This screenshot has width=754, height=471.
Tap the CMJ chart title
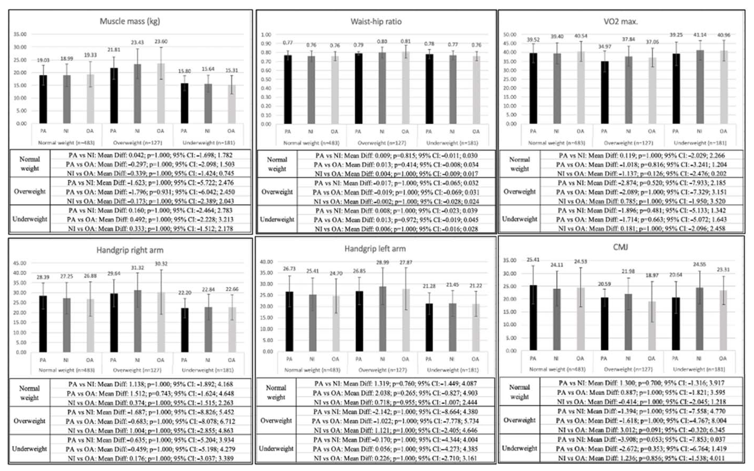(620, 247)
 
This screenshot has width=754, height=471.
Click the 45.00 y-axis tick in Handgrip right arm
(20, 263)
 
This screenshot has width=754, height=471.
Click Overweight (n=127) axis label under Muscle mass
(137, 143)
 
